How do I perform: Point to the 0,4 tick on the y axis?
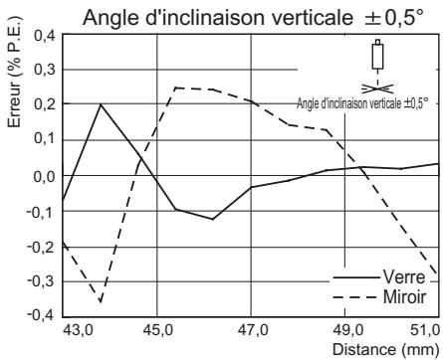coord(44,36)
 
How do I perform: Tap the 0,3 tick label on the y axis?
coord(44,71)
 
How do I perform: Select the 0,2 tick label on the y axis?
coord(44,105)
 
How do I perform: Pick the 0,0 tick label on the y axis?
coord(44,176)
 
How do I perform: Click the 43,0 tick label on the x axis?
coord(78,330)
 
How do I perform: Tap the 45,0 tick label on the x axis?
coord(157,330)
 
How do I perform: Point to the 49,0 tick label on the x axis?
coord(345,330)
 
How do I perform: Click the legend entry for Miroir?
coord(402,297)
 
